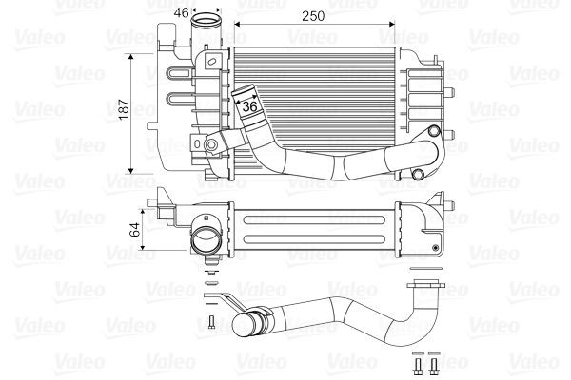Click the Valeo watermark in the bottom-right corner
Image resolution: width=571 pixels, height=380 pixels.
click(x=539, y=361)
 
